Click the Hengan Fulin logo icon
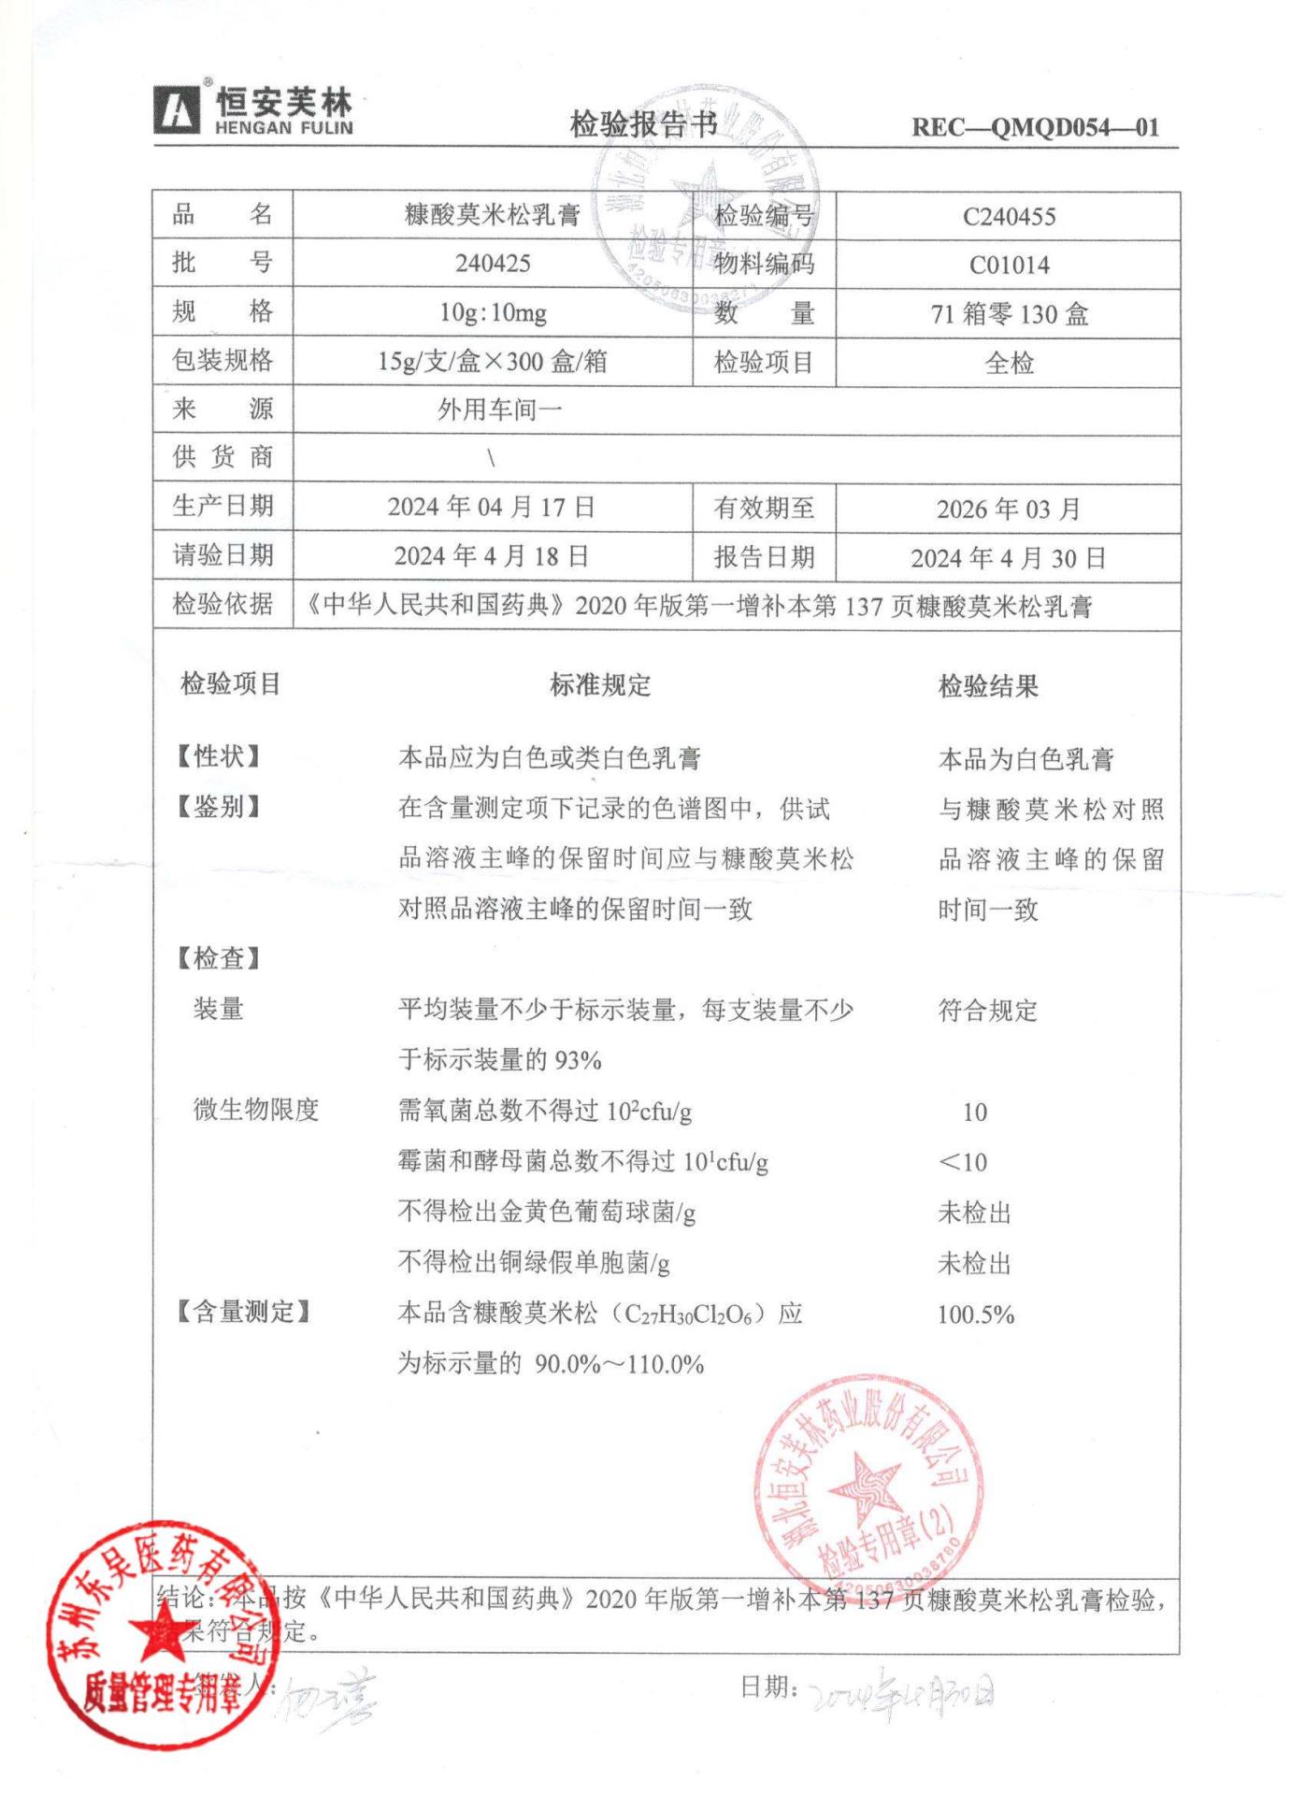coord(177,111)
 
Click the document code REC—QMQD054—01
coord(1035,127)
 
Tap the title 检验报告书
coord(643,123)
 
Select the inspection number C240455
coord(1009,217)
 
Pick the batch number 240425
coord(493,264)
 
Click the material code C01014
coord(1009,266)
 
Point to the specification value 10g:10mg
coord(493,313)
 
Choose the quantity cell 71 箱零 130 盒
coord(1009,314)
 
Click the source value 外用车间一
coord(499,409)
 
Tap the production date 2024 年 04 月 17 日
coord(492,507)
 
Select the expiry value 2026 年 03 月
coord(1009,510)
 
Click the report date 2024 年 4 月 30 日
coord(1009,558)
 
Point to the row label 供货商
coord(222,457)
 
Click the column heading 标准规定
coord(600,685)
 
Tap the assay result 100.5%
coord(975,1314)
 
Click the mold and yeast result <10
coord(963,1162)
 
